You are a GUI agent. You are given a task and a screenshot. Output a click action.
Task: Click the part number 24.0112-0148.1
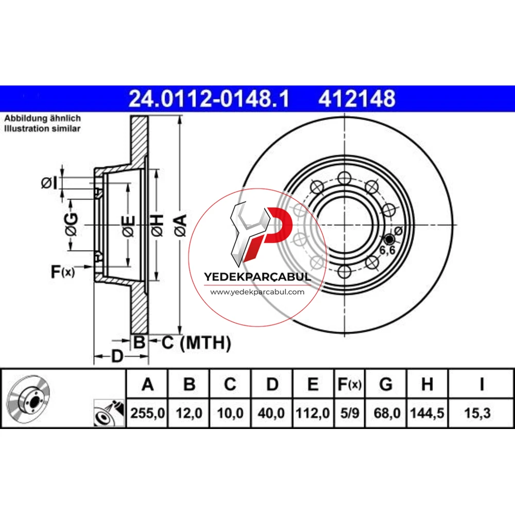[209, 98]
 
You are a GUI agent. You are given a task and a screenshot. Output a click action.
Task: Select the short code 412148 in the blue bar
[357, 98]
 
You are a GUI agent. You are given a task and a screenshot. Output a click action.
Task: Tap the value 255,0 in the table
[147, 413]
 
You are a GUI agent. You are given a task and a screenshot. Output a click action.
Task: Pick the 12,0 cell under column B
[189, 413]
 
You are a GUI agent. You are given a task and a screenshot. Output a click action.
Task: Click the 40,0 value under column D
[271, 413]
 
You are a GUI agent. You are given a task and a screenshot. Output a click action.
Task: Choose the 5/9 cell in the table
[350, 413]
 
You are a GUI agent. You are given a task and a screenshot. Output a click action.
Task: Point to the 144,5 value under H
[427, 413]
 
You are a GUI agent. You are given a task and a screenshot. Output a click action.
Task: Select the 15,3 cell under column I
[477, 413]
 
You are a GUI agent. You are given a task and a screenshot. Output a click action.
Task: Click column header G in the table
[386, 384]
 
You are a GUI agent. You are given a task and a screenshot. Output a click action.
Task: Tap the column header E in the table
[313, 384]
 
